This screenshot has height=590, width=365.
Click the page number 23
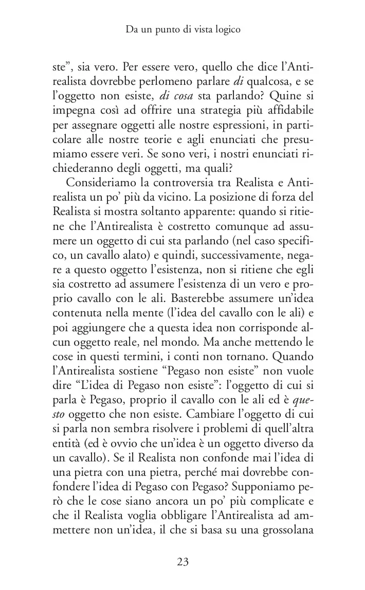click(182, 562)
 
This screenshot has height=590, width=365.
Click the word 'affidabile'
click(285, 112)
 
